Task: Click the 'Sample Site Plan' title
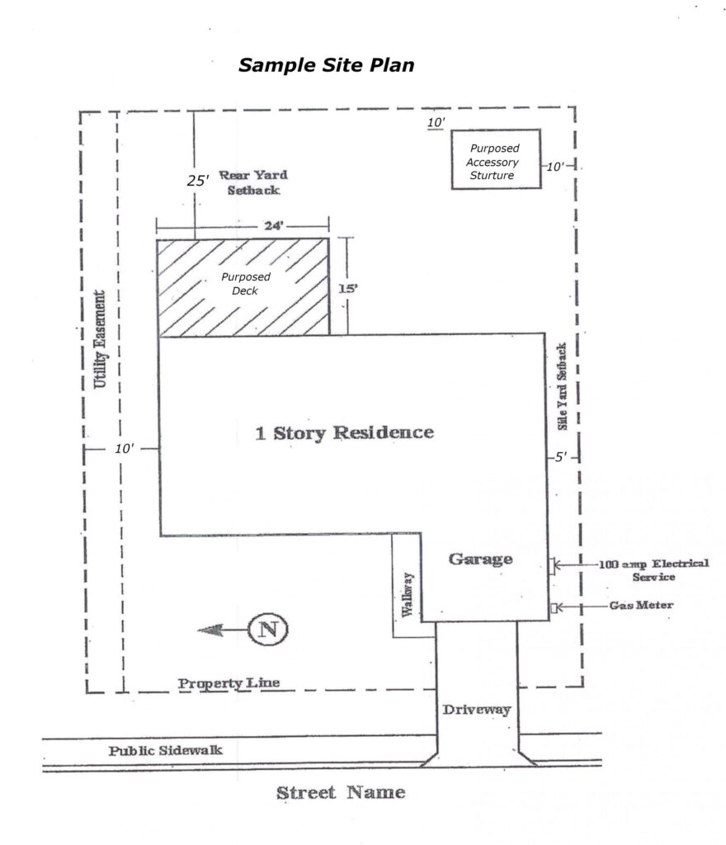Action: click(327, 65)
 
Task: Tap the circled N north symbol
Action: click(268, 629)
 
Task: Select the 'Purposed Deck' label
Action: click(246, 284)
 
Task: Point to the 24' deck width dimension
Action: click(274, 226)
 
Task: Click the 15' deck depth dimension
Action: click(348, 288)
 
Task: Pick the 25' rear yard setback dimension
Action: click(198, 181)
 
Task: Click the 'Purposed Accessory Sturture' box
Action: click(496, 159)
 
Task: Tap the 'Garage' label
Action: click(480, 559)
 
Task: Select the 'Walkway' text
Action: click(408, 594)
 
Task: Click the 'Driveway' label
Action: click(477, 710)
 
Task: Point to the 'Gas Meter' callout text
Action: click(641, 605)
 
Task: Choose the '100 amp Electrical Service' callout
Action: click(654, 570)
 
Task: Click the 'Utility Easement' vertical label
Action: click(100, 339)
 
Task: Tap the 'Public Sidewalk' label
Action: click(165, 751)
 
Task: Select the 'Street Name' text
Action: click(341, 793)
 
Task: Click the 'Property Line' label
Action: click(229, 683)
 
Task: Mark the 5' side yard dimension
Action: click(561, 457)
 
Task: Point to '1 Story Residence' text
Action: click(344, 432)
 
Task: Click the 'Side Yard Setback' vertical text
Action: click(562, 386)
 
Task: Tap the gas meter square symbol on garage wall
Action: click(553, 608)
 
